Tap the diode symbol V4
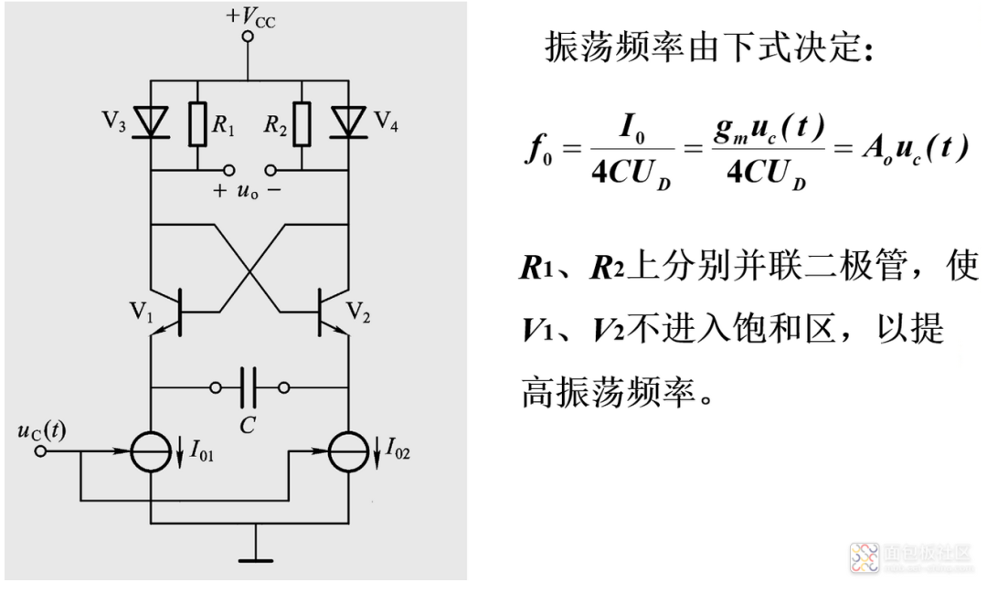pyautogui.click(x=347, y=121)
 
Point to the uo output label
pyautogui.click(x=249, y=191)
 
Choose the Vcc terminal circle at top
pyautogui.click(x=247, y=37)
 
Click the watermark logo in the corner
pyautogui.click(x=864, y=557)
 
